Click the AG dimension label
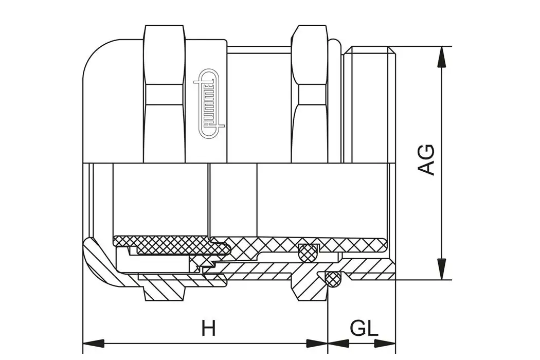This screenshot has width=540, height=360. (427, 160)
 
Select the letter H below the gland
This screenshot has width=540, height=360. (208, 328)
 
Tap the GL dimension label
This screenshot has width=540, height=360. (364, 328)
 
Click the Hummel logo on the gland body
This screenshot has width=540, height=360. (209, 103)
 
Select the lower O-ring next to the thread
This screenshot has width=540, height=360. (334, 278)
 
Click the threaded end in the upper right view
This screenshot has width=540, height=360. (369, 103)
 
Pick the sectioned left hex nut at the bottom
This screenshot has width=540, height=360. (164, 291)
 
